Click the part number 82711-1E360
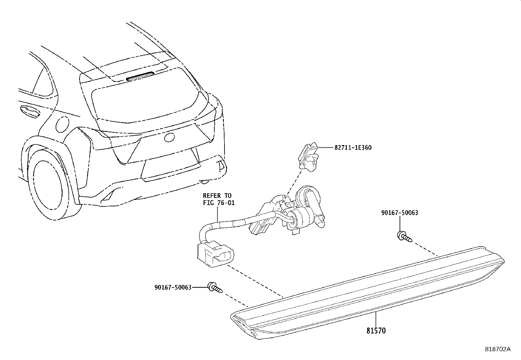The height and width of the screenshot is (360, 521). pos(353,148)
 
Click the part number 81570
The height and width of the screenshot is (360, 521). pos(376,331)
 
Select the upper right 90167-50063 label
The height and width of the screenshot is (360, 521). pos(400,213)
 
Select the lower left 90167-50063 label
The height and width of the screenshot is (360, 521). pos(173,287)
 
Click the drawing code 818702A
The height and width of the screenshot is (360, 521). pos(497,349)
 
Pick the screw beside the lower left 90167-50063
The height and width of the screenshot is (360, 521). pos(215,287)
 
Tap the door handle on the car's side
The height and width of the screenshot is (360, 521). pos(29,112)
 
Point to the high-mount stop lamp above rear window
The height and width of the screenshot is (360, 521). pos(140,77)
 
